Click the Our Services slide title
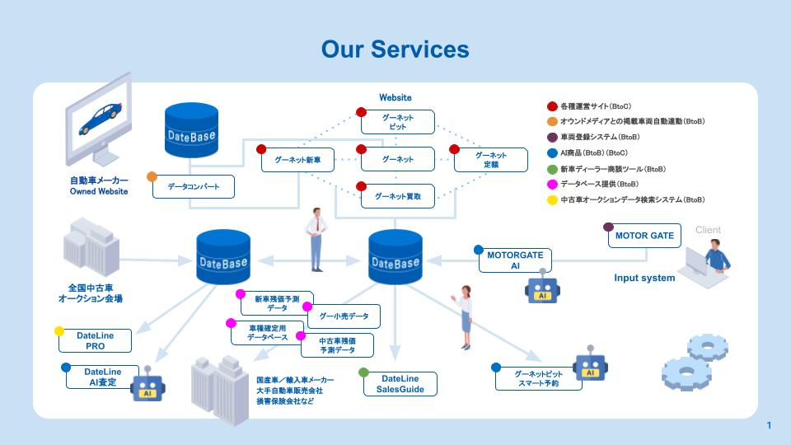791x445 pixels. pos(395,49)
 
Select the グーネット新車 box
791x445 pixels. pos(297,159)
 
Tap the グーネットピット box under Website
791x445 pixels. pos(397,123)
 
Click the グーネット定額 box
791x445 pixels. pos(491,160)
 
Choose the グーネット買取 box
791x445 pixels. pos(397,196)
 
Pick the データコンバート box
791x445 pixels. pos(194,186)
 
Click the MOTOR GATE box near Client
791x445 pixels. pos(644,236)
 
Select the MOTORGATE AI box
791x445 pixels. pos(515,260)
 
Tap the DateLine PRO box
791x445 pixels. pos(95,340)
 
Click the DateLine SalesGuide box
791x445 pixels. pos(401,383)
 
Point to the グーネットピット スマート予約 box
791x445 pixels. pos(538,378)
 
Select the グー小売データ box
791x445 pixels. pos(344,316)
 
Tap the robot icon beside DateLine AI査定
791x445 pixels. pos(147,386)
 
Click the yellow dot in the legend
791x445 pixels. pos(552,199)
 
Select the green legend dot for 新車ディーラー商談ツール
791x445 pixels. pos(552,168)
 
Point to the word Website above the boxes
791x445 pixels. pos(395,97)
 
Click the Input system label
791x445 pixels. pos(644,278)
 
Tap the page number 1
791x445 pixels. pos(768,425)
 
